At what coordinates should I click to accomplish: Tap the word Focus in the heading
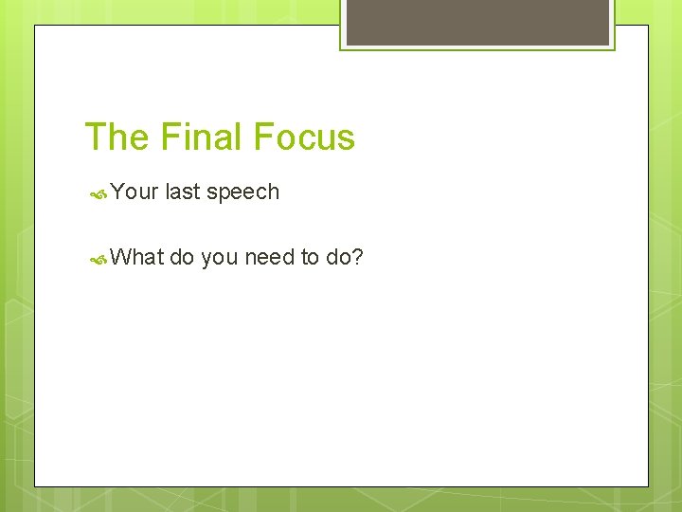[305, 137]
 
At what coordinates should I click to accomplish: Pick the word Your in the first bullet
[134, 192]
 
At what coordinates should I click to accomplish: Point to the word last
[182, 192]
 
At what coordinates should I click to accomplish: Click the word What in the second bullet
[137, 257]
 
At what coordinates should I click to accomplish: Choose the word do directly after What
[182, 257]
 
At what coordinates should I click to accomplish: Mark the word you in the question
[220, 258]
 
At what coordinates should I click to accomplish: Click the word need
[270, 257]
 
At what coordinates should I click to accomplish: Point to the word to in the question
[311, 257]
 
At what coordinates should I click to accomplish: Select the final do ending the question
[338, 257]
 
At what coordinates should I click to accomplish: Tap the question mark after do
[358, 257]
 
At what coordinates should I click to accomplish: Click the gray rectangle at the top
[477, 21]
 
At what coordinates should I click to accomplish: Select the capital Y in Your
[117, 192]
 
